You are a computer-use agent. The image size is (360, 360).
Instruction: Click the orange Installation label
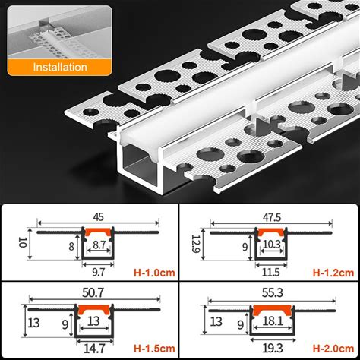click(60, 67)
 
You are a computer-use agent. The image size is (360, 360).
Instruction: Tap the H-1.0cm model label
click(154, 273)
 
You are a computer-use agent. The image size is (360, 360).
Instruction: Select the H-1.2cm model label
click(333, 273)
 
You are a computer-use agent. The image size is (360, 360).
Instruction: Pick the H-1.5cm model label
click(154, 349)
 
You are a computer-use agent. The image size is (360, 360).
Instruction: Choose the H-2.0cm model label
click(333, 349)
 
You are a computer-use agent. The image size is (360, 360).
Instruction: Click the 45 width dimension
click(98, 217)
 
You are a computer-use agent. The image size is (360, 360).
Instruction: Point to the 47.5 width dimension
click(271, 217)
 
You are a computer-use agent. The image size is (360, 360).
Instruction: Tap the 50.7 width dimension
click(93, 292)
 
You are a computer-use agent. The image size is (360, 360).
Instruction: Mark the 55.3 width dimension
click(273, 292)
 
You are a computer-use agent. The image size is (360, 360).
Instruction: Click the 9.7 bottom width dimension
click(98, 272)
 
